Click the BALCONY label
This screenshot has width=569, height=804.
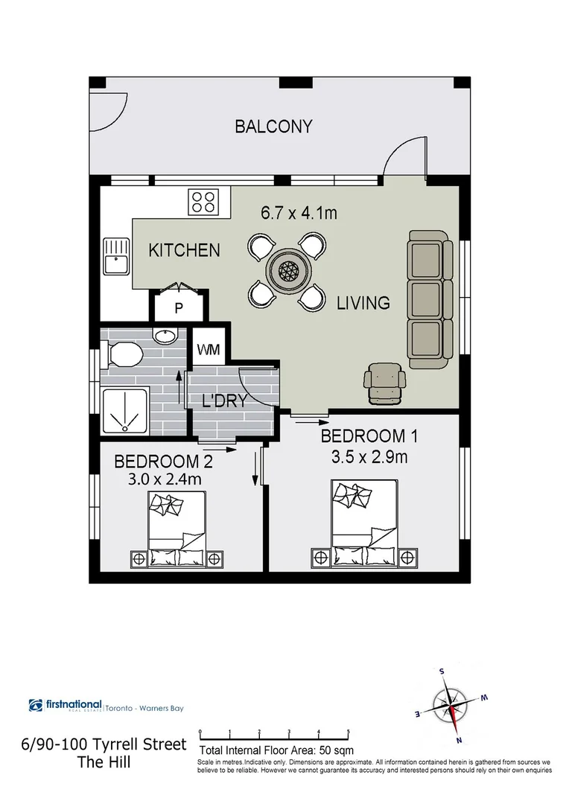click(273, 127)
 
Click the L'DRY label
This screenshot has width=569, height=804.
click(223, 401)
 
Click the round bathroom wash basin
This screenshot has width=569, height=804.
click(165, 336)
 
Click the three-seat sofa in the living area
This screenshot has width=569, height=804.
click(430, 295)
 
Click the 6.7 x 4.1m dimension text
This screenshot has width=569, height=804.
click(299, 214)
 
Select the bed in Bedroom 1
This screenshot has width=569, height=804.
click(363, 526)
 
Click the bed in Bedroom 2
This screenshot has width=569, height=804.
click(177, 529)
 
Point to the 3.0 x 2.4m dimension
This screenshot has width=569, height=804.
click(164, 480)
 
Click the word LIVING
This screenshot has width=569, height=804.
click(363, 303)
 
